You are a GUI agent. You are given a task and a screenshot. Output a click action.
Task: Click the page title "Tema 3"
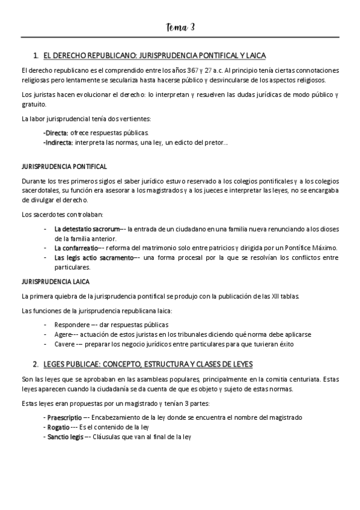(180, 28)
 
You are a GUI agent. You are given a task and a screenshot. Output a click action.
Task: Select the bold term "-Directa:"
(56, 132)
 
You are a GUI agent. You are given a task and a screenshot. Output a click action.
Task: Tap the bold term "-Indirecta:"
(58, 142)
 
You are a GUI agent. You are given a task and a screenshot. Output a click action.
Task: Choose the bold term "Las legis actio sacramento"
(93, 257)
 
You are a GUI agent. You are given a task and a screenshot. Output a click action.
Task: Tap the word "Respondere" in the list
(71, 325)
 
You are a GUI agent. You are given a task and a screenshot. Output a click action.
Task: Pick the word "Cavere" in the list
(64, 344)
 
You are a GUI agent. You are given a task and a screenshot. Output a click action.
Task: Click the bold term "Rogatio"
(58, 427)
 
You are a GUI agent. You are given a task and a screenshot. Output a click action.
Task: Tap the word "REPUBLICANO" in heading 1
(106, 55)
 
